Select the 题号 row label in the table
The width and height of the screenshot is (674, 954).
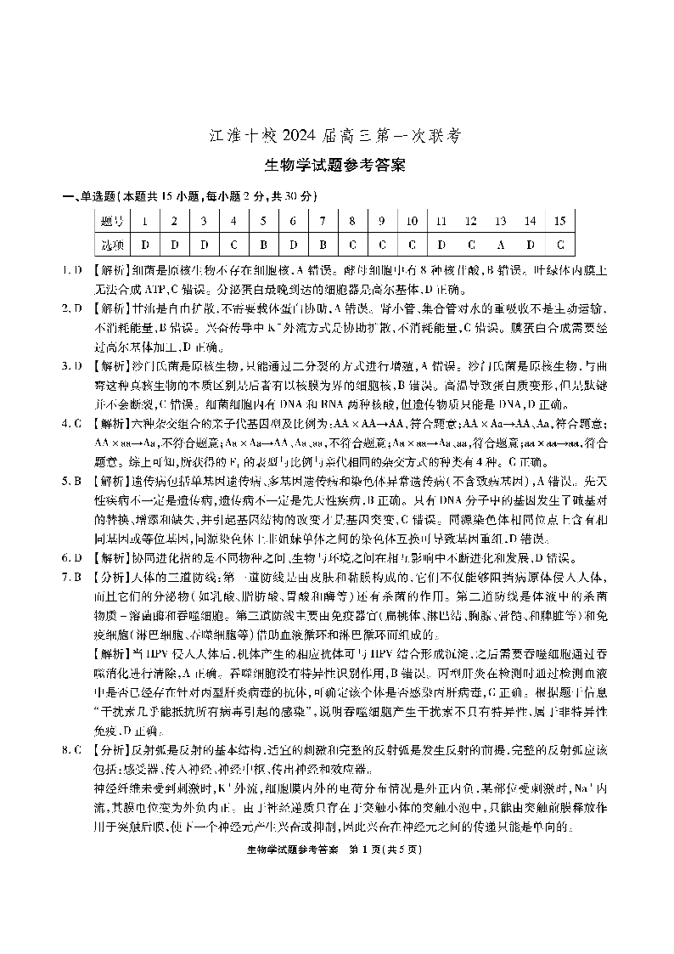112,222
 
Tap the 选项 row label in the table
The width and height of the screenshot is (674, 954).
112,245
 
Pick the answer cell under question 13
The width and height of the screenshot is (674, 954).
500,245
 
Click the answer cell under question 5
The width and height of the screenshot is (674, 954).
263,245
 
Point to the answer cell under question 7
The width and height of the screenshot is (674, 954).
323,245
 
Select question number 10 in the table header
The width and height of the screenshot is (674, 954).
411,222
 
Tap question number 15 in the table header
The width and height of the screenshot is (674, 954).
559,222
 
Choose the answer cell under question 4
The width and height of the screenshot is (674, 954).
233,245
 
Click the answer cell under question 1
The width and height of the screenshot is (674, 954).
145,245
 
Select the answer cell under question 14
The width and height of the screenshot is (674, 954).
530,245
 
